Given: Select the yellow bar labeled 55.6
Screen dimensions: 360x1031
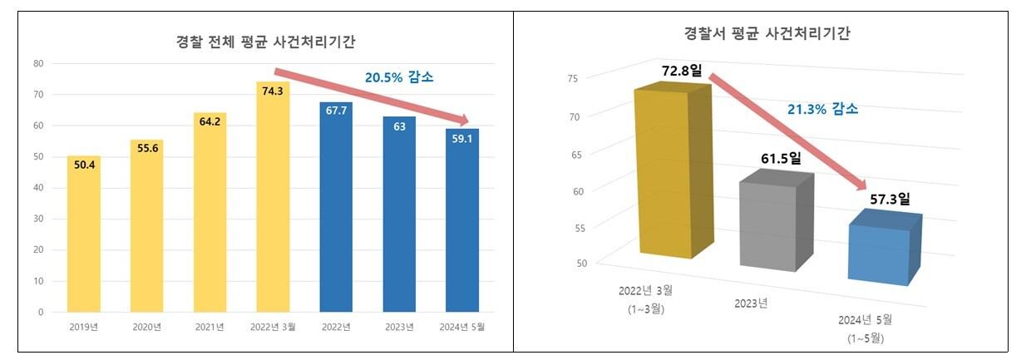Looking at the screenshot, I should [146, 226].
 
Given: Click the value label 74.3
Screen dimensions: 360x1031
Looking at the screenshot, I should [273, 91].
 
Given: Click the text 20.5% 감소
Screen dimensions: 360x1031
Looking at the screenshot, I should [399, 77].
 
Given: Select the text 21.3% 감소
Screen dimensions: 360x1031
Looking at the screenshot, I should [822, 109].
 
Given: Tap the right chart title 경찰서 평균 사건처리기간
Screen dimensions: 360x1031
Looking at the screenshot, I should [767, 33].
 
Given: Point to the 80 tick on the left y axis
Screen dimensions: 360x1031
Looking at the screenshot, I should [38, 63].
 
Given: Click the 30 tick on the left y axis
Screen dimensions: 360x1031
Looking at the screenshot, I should [38, 219].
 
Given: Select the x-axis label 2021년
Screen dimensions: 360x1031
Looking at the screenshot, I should [210, 327].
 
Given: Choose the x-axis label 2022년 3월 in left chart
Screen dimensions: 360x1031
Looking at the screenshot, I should [273, 327].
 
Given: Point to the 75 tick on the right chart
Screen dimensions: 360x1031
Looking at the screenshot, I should [572, 79].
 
